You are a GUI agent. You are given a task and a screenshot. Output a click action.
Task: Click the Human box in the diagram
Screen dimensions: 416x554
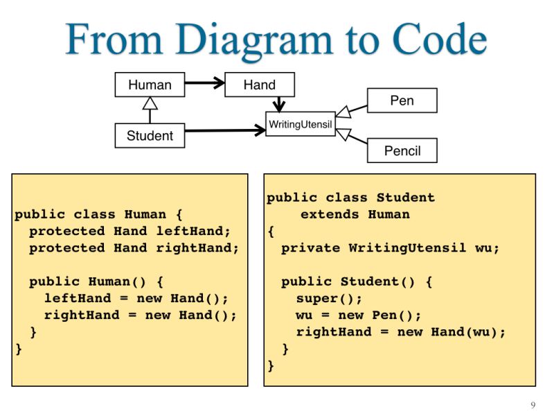point(150,85)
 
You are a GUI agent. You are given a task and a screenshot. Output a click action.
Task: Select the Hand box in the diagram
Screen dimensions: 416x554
point(260,85)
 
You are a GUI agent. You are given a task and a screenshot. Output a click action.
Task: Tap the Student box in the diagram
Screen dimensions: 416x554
point(150,135)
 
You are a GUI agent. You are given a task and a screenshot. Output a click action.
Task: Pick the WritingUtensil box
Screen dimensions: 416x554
point(301,124)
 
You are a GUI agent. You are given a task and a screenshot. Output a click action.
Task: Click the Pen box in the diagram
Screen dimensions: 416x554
point(402,101)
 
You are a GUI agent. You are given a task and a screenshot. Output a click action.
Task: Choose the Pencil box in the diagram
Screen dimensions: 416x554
point(402,150)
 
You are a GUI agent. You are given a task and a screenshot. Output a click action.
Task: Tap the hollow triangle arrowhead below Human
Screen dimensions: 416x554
point(150,103)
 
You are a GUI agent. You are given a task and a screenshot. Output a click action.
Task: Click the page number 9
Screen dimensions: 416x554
point(533,405)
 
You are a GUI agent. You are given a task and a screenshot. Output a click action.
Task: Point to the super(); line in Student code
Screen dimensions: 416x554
point(329,298)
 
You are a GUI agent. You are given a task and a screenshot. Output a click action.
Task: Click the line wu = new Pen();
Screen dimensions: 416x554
point(359,315)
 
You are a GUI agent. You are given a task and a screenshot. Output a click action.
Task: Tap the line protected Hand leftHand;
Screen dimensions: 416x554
point(129,231)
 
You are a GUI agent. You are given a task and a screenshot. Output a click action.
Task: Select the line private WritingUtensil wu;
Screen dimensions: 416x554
point(390,248)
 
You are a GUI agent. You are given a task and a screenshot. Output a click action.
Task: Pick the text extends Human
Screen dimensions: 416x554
point(355,214)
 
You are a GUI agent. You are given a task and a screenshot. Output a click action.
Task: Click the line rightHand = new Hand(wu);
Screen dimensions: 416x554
point(401,331)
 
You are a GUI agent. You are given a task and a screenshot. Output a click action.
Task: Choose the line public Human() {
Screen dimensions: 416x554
point(96,281)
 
